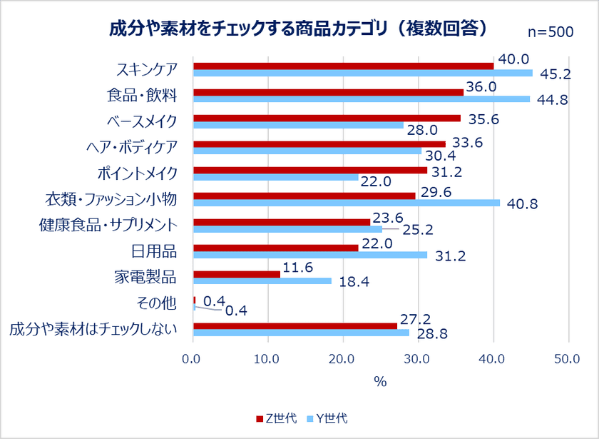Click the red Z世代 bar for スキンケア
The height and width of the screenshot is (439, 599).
pyautogui.click(x=343, y=66)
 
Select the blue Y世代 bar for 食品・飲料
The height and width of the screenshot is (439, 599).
pyautogui.click(x=362, y=99)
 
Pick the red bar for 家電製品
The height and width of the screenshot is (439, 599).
pyautogui.click(x=237, y=274)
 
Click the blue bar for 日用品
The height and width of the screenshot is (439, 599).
pyautogui.click(x=310, y=255)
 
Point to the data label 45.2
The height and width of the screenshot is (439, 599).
pyautogui.click(x=553, y=74)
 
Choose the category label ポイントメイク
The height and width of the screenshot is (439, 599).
pyautogui.click(x=136, y=173)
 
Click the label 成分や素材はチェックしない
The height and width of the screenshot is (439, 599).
pyautogui.click(x=93, y=329)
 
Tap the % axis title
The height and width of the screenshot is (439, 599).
pyautogui.click(x=380, y=382)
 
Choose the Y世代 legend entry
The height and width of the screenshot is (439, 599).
pyautogui.click(x=327, y=418)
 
